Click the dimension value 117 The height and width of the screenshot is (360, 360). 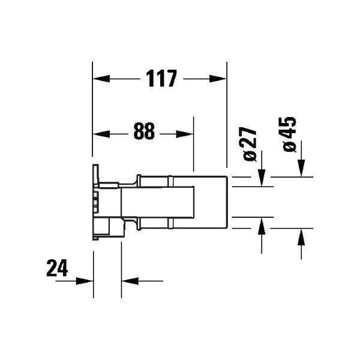[161, 79]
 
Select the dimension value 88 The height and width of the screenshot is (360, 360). [144, 131]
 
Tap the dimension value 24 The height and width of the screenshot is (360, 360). [57, 268]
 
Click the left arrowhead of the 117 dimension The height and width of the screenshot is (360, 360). [101, 79]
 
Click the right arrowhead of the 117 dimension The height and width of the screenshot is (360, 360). [218, 79]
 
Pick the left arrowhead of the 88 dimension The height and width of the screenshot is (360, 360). [101, 134]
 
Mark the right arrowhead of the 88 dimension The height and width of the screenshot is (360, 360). [184, 134]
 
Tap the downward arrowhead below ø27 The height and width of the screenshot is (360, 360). [262, 178]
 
